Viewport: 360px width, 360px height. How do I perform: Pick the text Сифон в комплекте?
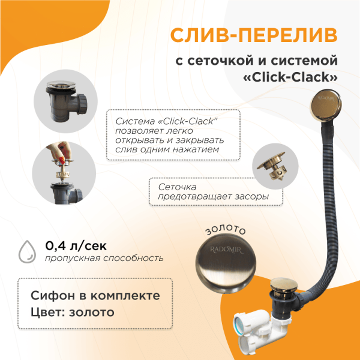pos(95,296)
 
